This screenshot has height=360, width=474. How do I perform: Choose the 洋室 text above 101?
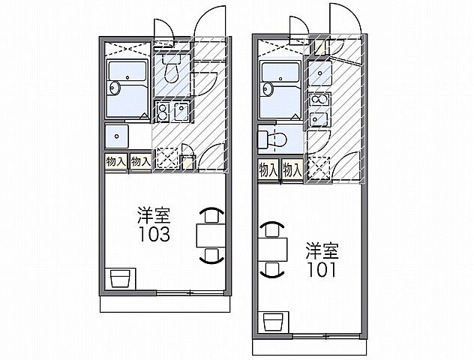click(x=321, y=249)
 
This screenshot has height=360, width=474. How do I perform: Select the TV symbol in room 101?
click(x=275, y=324)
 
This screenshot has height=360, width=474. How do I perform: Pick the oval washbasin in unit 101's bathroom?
click(x=265, y=88)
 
